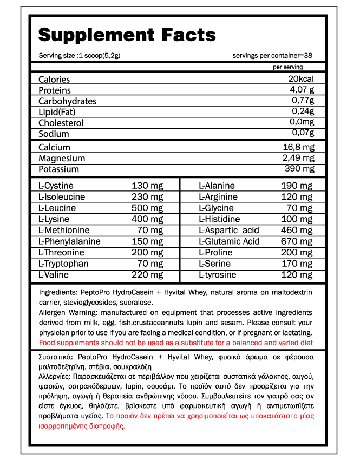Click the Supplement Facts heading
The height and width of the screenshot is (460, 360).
pos(127,35)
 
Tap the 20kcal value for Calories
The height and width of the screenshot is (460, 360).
pos(301,79)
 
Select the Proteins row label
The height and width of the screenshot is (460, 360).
pos(55,90)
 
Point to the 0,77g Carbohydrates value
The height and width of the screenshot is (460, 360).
pos(303,101)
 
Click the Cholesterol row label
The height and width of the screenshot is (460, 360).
pos(61,123)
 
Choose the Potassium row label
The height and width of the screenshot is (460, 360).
pos(58,169)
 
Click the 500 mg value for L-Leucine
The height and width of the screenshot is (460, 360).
pos(147,208)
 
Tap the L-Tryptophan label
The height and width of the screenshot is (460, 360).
pos(63,264)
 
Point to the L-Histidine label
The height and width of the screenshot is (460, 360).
pos(219,219)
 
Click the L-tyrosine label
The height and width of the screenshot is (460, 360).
pos(218,275)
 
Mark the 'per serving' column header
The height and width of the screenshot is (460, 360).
pos(288,67)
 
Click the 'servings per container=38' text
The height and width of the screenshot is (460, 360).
pos(272,56)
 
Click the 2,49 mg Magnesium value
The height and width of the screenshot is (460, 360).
pos(298,158)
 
